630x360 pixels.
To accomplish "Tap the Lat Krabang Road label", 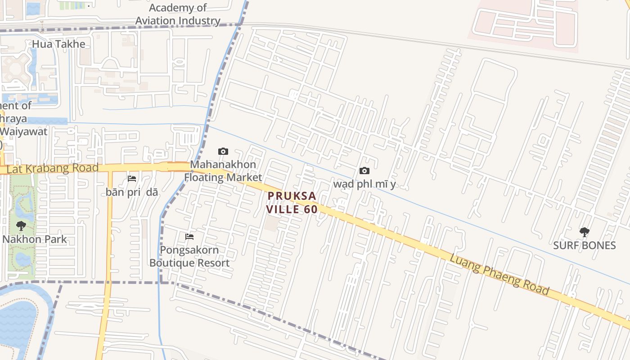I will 53,168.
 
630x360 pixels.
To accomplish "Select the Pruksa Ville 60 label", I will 292,202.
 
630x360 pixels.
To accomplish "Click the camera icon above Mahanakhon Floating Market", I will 223,151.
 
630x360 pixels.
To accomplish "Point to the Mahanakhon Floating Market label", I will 223,171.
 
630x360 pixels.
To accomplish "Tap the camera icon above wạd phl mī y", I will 364,171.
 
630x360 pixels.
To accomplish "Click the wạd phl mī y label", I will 364,184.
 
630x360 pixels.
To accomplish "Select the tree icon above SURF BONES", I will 584,232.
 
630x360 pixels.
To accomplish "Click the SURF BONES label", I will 584,245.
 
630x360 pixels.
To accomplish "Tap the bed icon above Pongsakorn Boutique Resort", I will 189,236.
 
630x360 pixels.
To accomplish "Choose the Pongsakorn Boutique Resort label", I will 189,256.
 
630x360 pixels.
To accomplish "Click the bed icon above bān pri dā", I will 132,179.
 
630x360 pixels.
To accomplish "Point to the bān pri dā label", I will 132,192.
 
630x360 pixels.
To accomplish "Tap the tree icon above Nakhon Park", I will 21,226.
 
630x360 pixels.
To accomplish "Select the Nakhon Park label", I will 35,239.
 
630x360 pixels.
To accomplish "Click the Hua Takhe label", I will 58,44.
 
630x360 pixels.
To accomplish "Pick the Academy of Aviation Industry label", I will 178,14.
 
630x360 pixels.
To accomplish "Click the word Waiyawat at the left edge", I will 24,132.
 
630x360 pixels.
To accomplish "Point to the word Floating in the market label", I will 205,177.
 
